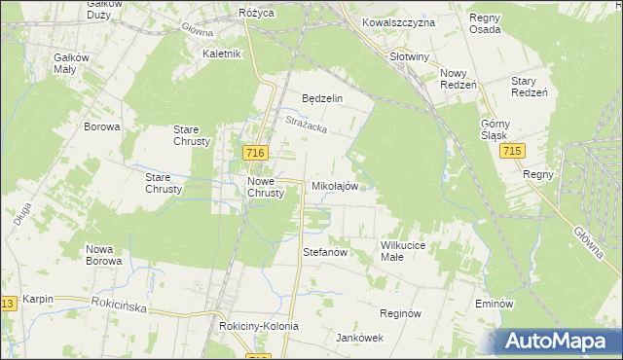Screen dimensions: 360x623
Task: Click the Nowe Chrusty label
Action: [x=266, y=187]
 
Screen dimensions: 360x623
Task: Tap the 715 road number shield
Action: [x=515, y=153]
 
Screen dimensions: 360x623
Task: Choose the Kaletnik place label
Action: [x=221, y=54]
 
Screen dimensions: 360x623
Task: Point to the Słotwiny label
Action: [x=409, y=56]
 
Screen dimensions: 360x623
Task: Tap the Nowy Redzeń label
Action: [x=458, y=79]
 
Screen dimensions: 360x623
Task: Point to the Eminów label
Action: [x=494, y=304]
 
